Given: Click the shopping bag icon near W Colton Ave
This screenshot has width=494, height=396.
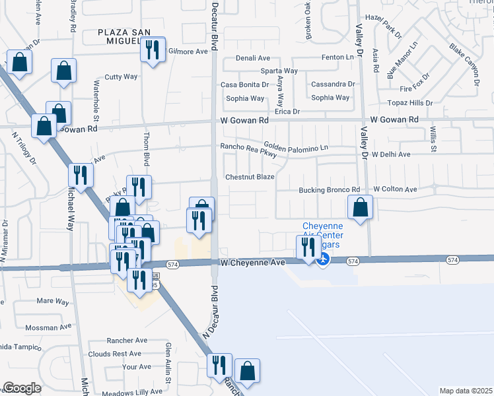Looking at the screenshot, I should coord(360,207).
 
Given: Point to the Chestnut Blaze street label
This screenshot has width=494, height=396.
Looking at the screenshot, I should coord(250,177).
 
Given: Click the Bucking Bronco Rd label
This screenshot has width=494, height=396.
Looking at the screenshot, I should coord(328,189).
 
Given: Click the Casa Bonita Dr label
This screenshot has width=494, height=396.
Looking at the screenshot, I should coord(244,84).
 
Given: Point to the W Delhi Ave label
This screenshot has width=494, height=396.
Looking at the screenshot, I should coord(391,154).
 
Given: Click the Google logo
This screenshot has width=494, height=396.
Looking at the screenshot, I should coord(22,387).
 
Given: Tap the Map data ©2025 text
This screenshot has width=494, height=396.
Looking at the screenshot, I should coord(466,391).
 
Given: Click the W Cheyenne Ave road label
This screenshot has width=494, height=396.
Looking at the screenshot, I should coord(252,262).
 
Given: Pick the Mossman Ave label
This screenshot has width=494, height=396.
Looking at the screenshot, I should coord(48,327).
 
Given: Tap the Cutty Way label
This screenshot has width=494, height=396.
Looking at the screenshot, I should coord(121,77).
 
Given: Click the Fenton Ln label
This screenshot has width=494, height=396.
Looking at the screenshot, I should coord(337,58).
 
